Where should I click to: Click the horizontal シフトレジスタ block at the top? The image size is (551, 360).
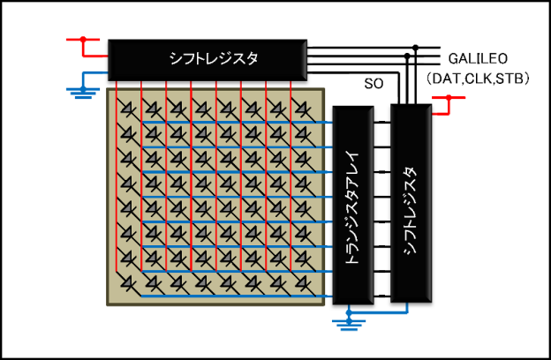point(207,59)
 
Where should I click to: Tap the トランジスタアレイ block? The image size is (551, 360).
point(353,205)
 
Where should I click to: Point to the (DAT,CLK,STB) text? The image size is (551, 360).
point(477,79)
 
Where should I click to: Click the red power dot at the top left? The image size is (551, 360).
point(83,39)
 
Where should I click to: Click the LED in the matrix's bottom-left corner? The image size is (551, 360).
point(131,283)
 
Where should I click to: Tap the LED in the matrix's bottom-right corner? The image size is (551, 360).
point(301,283)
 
